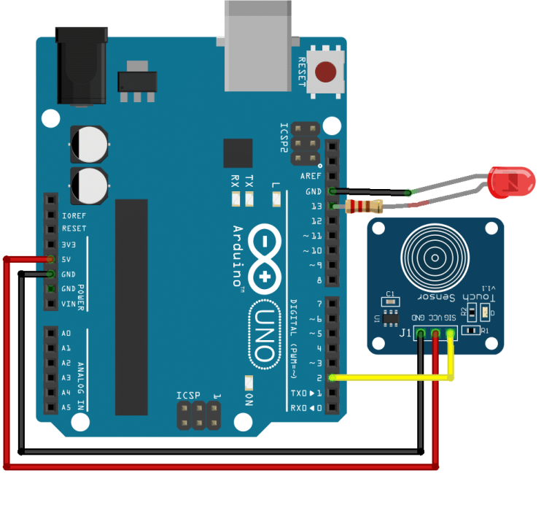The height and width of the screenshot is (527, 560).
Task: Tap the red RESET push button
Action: click(x=325, y=72)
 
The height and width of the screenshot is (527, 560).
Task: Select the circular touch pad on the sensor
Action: click(x=435, y=256)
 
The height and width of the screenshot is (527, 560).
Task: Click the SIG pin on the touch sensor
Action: click(x=450, y=334)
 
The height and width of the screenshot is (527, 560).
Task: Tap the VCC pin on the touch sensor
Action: click(x=435, y=334)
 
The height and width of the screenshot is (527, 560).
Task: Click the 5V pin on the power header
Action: click(x=50, y=259)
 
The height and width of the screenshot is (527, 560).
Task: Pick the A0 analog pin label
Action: click(x=66, y=332)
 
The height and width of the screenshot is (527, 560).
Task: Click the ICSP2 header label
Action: click(x=285, y=136)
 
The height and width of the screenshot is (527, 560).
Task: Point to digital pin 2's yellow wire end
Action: click(x=332, y=377)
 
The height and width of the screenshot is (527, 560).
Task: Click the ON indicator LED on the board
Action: click(x=249, y=382)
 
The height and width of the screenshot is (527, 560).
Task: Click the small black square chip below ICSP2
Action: click(x=238, y=153)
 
